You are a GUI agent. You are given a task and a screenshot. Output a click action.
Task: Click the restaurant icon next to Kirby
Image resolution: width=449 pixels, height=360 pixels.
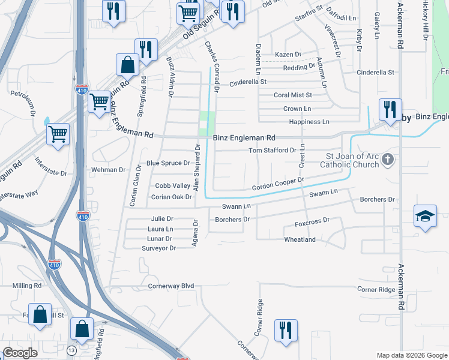coord(390,110)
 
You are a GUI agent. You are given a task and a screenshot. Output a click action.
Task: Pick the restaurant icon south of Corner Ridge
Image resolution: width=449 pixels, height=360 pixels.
coord(286,331)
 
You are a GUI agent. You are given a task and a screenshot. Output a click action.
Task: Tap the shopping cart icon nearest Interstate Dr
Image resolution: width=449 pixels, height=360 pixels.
coord(58,134)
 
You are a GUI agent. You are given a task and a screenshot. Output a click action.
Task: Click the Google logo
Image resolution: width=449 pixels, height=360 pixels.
coord(20,353)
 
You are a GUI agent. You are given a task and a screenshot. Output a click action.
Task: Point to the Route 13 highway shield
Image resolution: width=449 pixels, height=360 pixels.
coord(72,350)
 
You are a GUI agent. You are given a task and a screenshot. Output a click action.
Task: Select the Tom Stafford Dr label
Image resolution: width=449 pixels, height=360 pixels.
coord(273,150)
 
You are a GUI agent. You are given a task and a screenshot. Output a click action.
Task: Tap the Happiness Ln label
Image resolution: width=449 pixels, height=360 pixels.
coord(309,122)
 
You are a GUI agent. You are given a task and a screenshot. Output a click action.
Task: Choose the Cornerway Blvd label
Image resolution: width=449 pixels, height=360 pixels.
coord(171,286)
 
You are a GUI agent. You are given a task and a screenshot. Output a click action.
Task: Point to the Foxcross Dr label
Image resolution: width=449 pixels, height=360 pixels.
coord(313,221)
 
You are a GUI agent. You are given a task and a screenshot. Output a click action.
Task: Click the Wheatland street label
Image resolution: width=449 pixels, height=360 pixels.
coord(300,239)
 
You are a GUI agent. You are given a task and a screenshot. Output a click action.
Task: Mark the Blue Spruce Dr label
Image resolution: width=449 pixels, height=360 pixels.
coord(168,163)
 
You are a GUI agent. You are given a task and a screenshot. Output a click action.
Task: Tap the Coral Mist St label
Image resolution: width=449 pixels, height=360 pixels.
coord(293,95)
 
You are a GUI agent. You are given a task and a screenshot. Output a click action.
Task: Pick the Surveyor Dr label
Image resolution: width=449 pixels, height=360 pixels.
coord(158,248)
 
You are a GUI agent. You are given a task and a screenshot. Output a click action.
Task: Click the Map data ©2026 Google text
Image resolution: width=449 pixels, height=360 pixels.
coord(411,355)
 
